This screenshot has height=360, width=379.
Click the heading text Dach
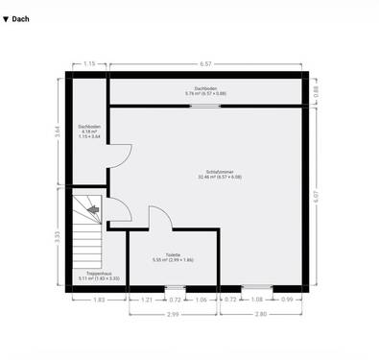(21, 18)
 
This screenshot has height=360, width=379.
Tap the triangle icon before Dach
(7, 18)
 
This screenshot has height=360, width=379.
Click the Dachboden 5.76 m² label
(205, 90)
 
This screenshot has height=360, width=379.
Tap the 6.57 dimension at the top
(205, 63)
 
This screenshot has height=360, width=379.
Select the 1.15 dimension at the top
(89, 63)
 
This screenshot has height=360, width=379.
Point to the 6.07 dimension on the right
(318, 195)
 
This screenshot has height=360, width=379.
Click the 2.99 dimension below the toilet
(173, 314)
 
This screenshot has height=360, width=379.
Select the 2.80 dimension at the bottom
(262, 314)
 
